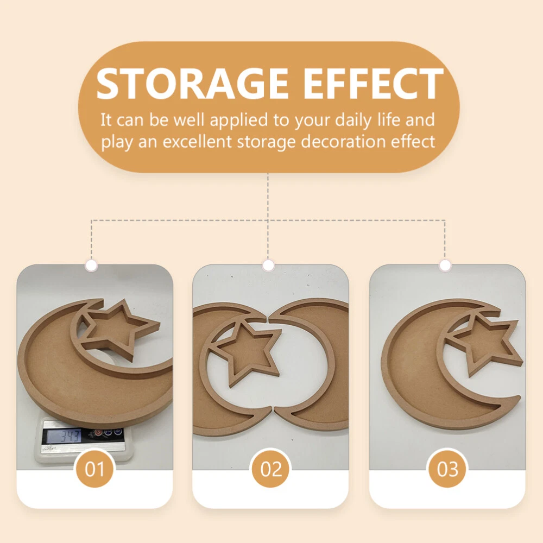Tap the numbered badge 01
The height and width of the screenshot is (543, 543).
pyautogui.click(x=94, y=469)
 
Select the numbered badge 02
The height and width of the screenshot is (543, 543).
pyautogui.click(x=271, y=469)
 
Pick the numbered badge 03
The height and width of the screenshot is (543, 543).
pyautogui.click(x=447, y=469)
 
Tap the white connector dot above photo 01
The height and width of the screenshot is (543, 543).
pyautogui.click(x=91, y=266)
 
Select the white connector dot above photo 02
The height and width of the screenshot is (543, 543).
pyautogui.click(x=268, y=266)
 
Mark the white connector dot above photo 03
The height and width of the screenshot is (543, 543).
pyautogui.click(x=445, y=266)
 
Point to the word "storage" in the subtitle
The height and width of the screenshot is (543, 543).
pyautogui.click(x=266, y=142)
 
